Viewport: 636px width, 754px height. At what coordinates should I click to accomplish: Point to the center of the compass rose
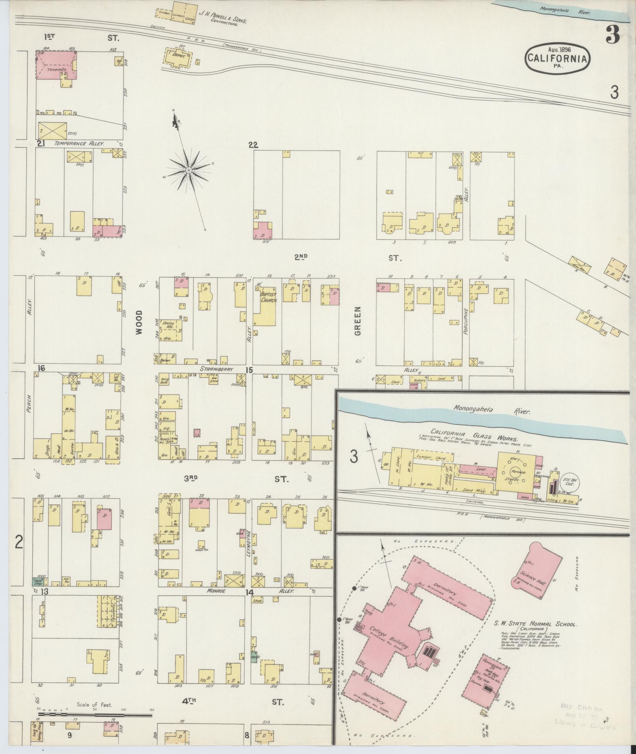tap(189, 170)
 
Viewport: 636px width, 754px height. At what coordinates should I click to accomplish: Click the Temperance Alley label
tap(79, 144)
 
